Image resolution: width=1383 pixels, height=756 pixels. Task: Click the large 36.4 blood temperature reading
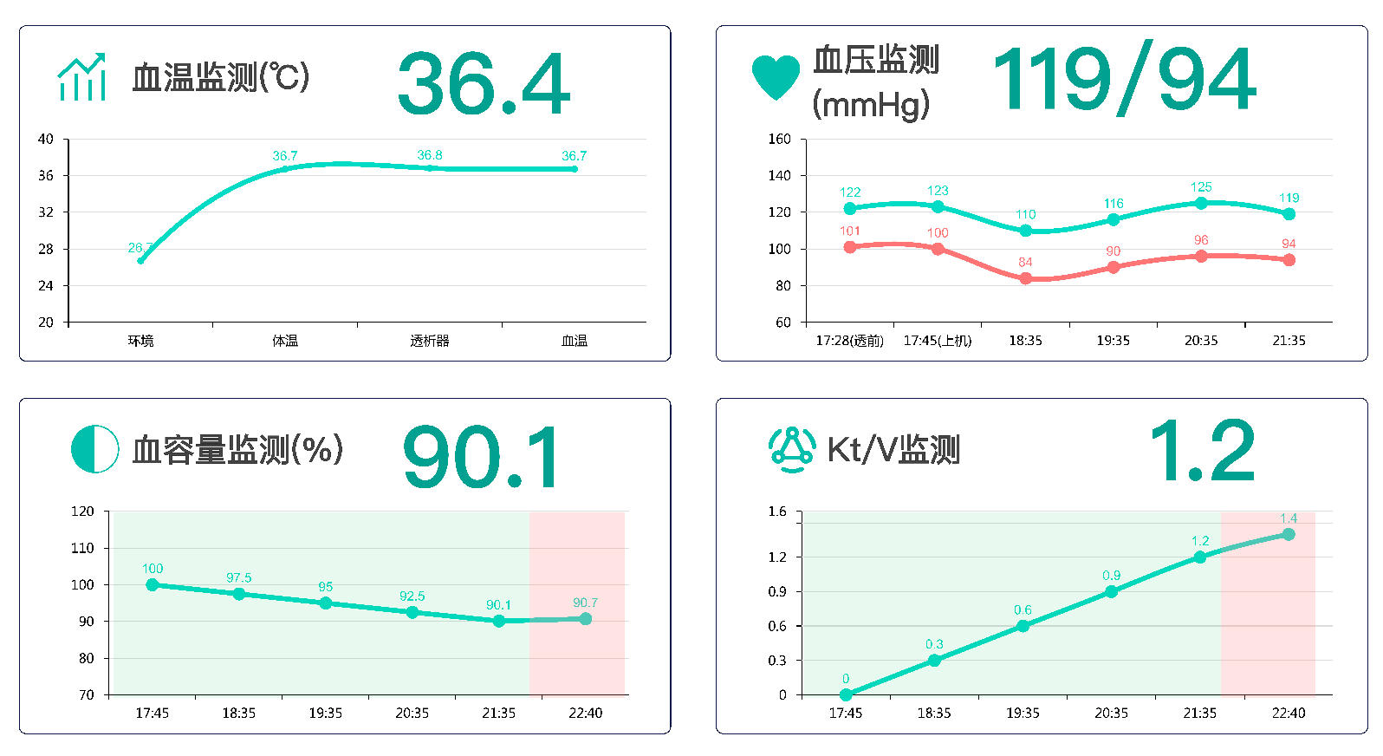[484, 84]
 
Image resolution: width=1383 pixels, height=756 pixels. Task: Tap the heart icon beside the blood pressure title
[776, 77]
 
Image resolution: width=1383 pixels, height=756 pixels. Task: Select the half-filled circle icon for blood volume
[94, 449]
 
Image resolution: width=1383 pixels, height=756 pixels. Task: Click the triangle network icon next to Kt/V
[791, 449]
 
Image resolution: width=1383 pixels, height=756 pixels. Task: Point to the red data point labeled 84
[1025, 278]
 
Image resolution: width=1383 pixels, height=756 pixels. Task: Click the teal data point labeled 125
[1201, 203]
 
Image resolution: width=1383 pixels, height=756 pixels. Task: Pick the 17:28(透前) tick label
[849, 341]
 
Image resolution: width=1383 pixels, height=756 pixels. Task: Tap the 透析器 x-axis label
[430, 341]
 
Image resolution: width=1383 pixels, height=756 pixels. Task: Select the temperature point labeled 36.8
[430, 167]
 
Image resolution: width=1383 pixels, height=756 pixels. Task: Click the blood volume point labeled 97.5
[239, 594]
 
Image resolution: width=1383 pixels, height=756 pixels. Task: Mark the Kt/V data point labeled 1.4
[1289, 534]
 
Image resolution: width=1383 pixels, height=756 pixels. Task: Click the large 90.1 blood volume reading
[482, 457]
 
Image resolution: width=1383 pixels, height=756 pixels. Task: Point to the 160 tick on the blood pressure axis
[780, 139]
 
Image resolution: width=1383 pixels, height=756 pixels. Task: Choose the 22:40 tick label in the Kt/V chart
[1289, 713]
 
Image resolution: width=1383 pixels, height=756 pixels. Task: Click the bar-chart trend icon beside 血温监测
[81, 77]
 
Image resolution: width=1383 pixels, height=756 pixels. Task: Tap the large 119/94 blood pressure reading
[1124, 80]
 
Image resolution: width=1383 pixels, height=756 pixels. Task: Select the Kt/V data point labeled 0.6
[1023, 625]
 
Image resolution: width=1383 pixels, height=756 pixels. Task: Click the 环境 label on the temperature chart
[140, 341]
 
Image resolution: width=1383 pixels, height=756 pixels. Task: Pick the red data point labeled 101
[850, 246]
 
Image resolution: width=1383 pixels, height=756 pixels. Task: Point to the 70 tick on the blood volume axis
[87, 694]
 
